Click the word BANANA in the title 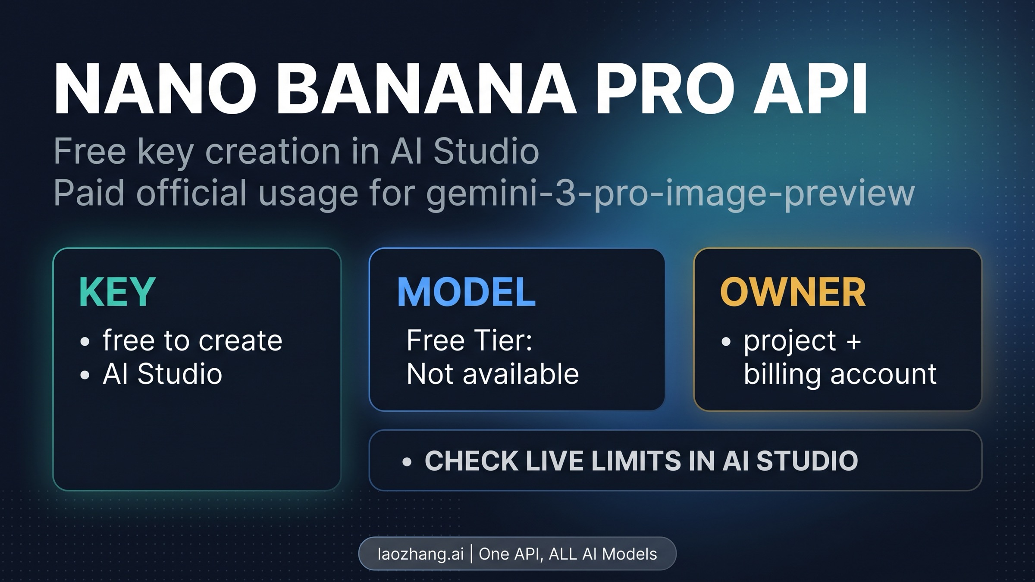point(427,90)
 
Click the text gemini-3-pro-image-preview point(670,193)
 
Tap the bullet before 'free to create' point(85,342)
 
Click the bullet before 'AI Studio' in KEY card point(85,375)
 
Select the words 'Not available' point(492,374)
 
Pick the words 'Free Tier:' point(470,340)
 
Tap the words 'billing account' point(840,374)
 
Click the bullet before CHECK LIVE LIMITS point(407,462)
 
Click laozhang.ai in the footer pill point(420,554)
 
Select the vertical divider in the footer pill point(471,554)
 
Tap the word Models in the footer point(629,554)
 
